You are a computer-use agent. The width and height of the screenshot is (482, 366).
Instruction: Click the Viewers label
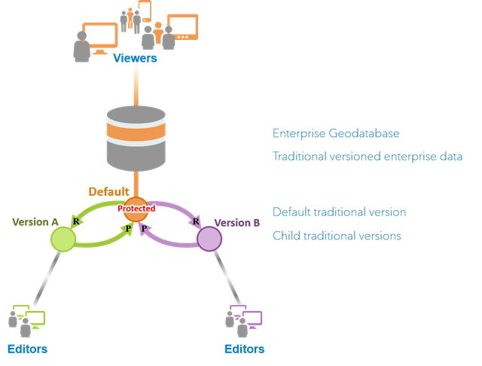coord(135,58)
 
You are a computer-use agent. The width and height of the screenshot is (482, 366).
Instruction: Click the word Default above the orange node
coord(109,191)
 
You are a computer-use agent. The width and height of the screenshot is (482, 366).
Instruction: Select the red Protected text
coord(136,209)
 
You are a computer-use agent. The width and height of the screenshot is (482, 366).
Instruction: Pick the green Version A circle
coord(63,239)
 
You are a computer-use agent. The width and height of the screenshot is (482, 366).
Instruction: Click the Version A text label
coord(35,221)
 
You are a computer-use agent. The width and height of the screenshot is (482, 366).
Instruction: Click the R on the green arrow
coord(75,221)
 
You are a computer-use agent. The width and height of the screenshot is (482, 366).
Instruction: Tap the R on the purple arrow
coord(196,221)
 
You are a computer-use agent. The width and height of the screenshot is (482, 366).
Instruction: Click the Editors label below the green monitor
coord(27,349)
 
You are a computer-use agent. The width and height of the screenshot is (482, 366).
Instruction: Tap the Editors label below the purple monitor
coord(245,349)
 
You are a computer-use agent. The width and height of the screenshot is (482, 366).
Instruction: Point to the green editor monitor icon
coord(34,318)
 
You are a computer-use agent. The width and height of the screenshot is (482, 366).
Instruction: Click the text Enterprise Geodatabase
coord(336,134)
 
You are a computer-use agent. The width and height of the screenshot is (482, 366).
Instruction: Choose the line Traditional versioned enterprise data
coord(367,157)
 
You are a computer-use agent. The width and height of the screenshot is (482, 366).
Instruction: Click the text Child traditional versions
coord(337,236)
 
